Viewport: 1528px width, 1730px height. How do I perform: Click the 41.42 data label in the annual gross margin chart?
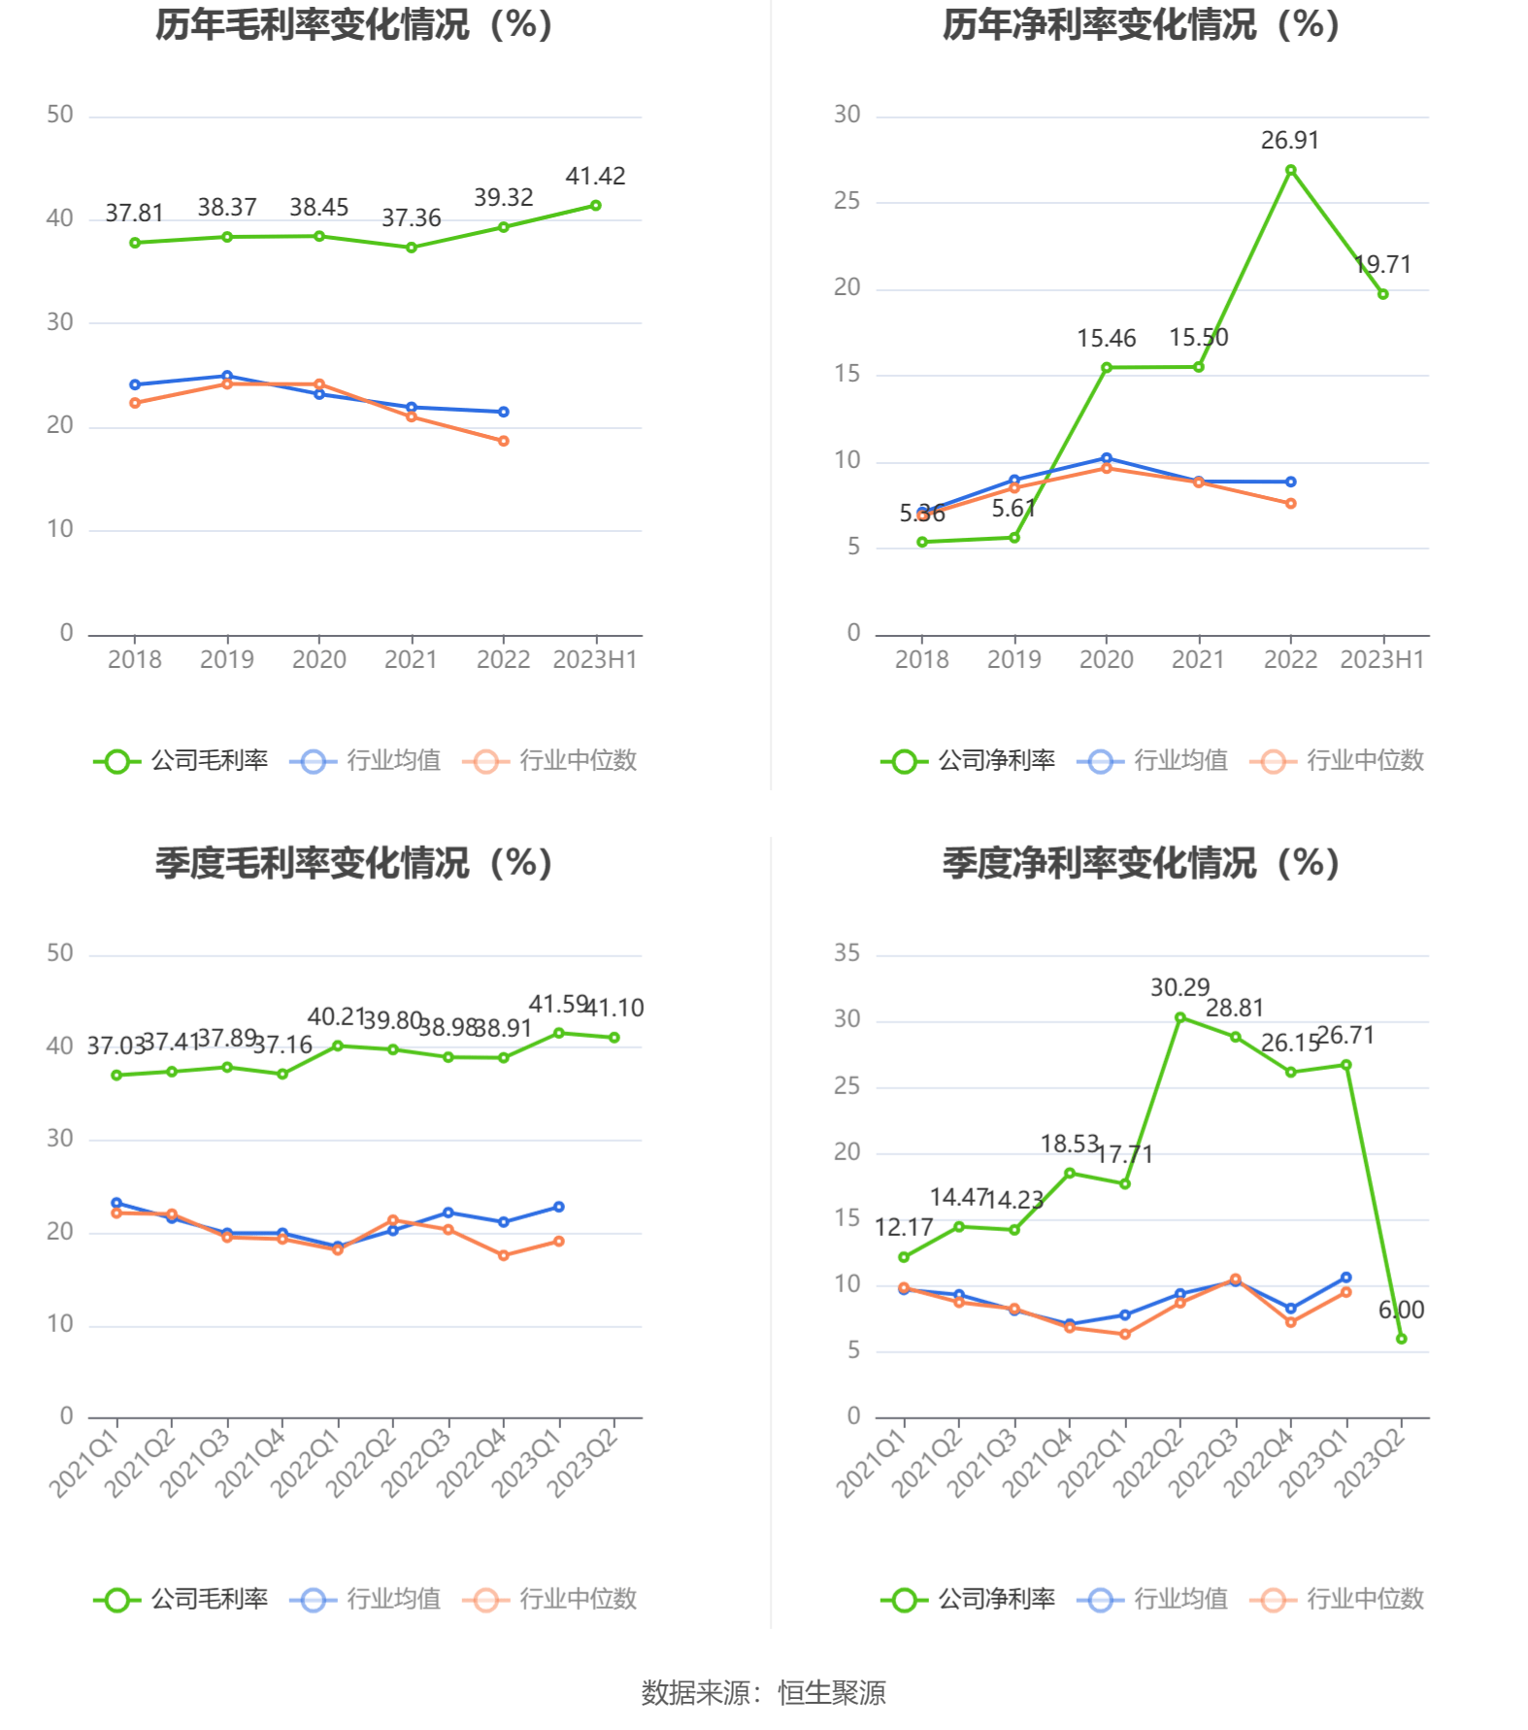(595, 176)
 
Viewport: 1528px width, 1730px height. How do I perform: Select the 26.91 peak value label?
(1289, 141)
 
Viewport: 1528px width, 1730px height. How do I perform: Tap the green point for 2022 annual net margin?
(1290, 171)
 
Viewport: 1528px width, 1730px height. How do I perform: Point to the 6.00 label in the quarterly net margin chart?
(1401, 1310)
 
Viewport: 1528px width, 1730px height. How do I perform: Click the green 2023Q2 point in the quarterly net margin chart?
(1401, 1339)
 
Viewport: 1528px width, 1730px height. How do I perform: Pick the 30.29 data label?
(1179, 987)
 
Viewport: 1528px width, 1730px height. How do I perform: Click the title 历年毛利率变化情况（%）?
(354, 25)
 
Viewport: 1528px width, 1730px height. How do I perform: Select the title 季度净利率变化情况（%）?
(1141, 863)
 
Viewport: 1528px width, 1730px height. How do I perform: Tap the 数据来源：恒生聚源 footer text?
(763, 1692)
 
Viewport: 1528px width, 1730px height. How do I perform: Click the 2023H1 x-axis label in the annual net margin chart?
(1381, 660)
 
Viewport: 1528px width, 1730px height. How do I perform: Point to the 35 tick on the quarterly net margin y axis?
(847, 953)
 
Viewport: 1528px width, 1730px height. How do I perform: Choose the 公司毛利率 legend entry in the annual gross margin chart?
(182, 760)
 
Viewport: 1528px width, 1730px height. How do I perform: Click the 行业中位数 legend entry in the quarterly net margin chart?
(1338, 1599)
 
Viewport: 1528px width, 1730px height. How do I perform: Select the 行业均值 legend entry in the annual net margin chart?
(1152, 760)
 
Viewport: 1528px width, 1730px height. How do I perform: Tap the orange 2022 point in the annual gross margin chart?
(503, 441)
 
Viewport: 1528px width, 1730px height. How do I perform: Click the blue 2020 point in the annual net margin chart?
(1106, 458)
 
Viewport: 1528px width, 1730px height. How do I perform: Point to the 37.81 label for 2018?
(134, 213)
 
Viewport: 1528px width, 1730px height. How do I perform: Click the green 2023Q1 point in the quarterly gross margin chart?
(558, 1033)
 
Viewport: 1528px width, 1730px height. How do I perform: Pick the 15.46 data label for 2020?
(1106, 339)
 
